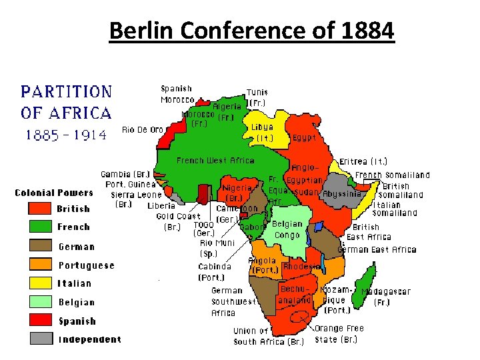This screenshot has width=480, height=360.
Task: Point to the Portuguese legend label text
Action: (86, 265)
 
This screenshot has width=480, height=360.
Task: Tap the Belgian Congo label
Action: (287, 230)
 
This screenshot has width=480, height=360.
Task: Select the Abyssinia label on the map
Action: (342, 194)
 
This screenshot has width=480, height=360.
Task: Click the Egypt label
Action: (304, 138)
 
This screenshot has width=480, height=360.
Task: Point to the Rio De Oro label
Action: (143, 129)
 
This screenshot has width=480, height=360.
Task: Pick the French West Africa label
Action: (215, 161)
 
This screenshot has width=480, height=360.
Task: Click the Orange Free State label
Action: (339, 334)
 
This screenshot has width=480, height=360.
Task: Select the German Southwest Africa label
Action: (233, 302)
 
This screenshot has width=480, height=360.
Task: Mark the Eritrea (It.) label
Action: (363, 161)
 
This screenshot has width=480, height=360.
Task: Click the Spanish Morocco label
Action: (177, 94)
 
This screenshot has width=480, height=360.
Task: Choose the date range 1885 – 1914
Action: (65, 135)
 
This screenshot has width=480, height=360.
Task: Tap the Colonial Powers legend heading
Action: (54, 193)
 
